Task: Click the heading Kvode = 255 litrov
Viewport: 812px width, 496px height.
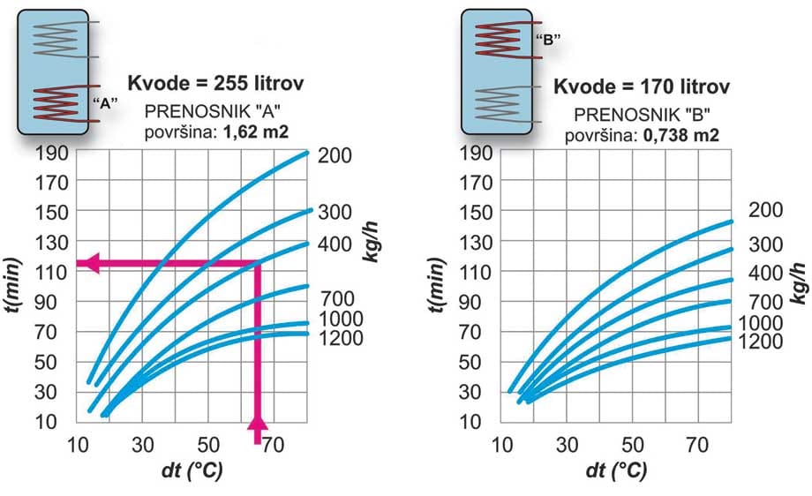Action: pyautogui.click(x=216, y=86)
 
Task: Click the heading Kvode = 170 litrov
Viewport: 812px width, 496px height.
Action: pyautogui.click(x=642, y=86)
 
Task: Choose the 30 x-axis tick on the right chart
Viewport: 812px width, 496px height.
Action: pyautogui.click(x=568, y=445)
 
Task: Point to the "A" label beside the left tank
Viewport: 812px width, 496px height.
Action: pyautogui.click(x=106, y=103)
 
